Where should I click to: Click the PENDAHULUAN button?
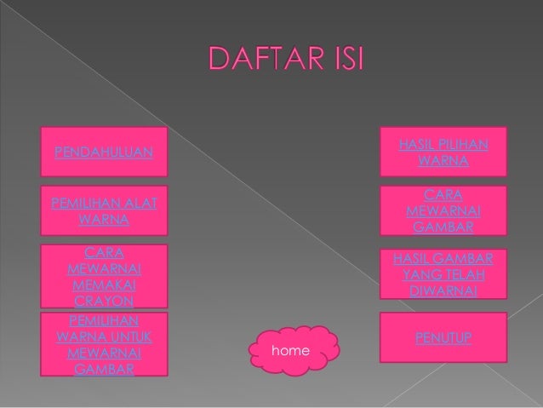click(x=105, y=152)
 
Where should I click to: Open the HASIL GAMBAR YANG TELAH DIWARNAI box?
click(x=443, y=274)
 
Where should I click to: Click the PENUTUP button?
click(x=443, y=340)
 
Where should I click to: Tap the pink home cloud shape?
click(x=289, y=350)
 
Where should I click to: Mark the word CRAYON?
click(x=104, y=302)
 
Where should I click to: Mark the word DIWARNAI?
click(x=443, y=290)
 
